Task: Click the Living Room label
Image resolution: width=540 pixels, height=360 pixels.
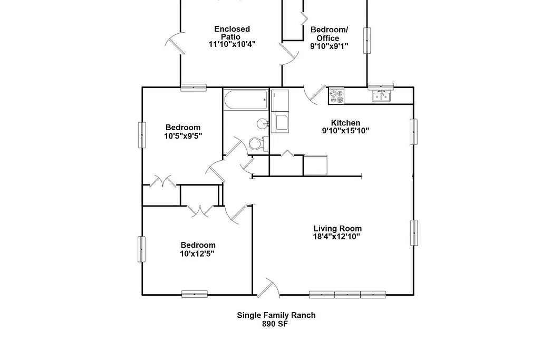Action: [337, 228]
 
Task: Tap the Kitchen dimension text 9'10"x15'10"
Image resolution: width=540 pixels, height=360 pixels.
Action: [345, 131]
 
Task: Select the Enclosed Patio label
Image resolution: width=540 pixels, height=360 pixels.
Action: [232, 33]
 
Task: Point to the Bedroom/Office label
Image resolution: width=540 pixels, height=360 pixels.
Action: [329, 34]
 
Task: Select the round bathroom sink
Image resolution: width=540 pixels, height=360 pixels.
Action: [263, 124]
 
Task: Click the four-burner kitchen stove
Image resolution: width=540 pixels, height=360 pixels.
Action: [336, 96]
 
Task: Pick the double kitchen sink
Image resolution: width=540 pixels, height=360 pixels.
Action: [382, 96]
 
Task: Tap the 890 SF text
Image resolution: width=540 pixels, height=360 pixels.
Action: [275, 324]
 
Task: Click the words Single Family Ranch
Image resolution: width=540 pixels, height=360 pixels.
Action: [276, 315]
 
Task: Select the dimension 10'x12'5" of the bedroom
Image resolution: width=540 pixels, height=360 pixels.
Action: [197, 254]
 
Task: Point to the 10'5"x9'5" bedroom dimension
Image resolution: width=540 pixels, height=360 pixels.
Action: [183, 135]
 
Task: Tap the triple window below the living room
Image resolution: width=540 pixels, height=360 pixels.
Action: [348, 294]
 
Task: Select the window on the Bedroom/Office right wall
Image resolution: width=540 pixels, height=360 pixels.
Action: [367, 40]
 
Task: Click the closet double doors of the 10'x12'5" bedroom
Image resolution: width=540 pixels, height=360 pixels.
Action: [200, 210]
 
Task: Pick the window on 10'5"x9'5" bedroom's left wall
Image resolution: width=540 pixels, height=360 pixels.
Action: [142, 135]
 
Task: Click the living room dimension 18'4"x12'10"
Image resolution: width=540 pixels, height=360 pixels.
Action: [336, 237]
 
